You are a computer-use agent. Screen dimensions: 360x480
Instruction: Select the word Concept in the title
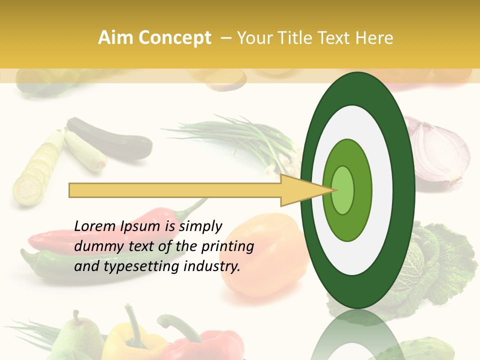tap(174, 38)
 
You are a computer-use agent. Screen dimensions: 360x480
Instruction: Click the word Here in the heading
tap(374, 38)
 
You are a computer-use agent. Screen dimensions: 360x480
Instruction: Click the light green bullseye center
tap(342, 190)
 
